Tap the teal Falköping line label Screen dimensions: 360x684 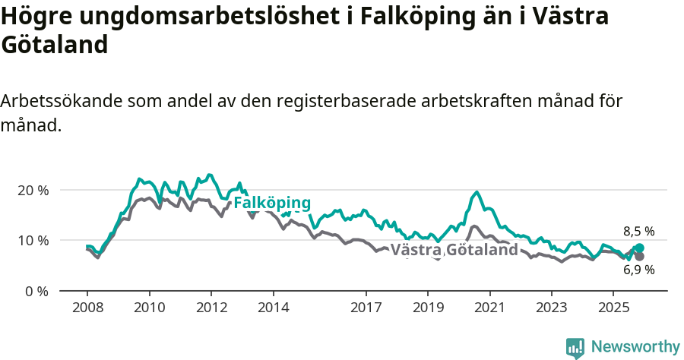272,204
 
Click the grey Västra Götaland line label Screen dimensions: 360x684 454,250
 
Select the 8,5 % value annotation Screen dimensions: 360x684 638,232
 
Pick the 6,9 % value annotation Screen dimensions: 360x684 638,270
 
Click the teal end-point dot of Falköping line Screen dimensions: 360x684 639,248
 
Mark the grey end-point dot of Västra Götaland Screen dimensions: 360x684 639,257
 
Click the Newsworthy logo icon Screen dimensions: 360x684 575,348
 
